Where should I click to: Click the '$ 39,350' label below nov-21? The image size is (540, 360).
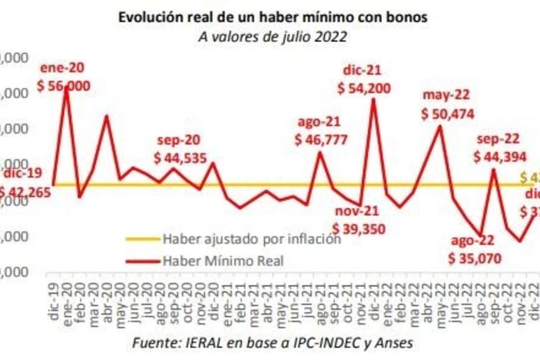coord(359,229)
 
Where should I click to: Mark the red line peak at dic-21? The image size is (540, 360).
coord(373,99)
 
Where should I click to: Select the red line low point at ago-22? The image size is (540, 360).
coord(480,236)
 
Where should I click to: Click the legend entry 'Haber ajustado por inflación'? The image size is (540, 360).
coord(251,239)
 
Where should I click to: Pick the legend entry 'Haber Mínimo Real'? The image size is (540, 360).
coord(222,261)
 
